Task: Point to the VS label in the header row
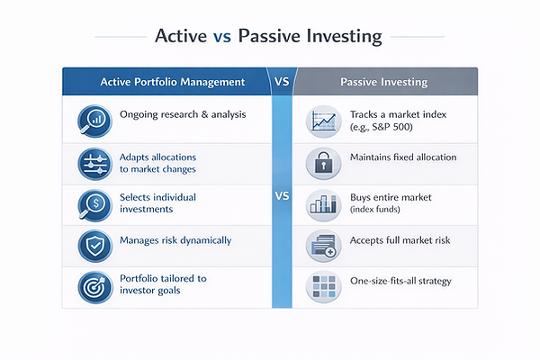[x=282, y=82]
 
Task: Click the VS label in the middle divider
[x=282, y=196]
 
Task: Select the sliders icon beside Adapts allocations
[x=94, y=163]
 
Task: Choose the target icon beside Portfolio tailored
[x=94, y=285]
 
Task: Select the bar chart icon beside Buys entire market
[x=321, y=204]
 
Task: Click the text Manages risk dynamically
[x=175, y=240]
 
